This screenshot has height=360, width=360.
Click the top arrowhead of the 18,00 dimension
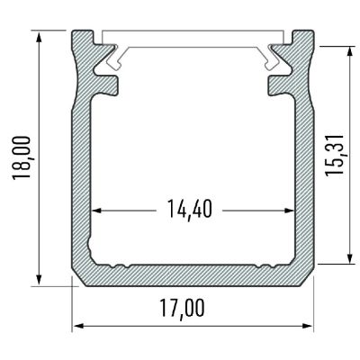[x=40, y=35]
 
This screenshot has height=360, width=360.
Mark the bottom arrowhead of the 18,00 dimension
[x=40, y=280]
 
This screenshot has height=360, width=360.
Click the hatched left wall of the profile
[x=82, y=180]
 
